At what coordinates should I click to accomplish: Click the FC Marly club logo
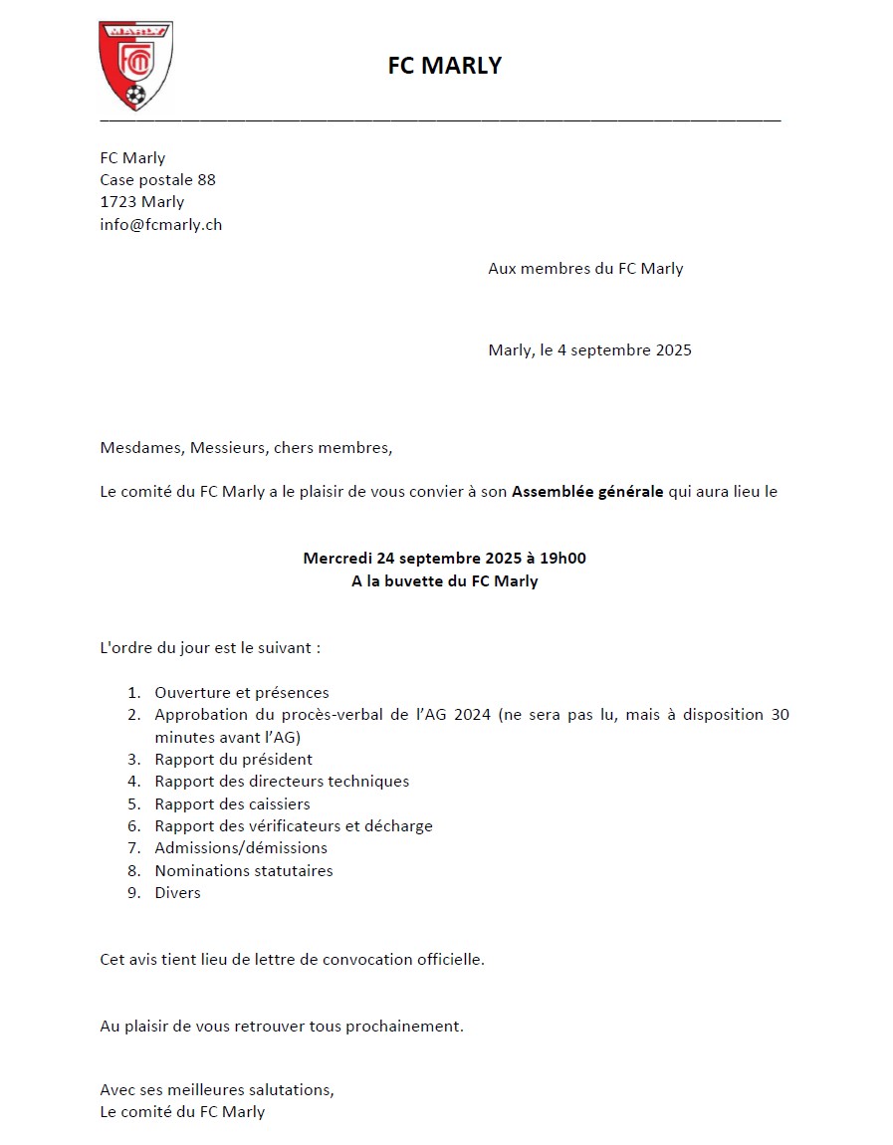[136, 67]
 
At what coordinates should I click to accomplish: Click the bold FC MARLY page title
[444, 66]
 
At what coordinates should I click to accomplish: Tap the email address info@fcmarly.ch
[160, 224]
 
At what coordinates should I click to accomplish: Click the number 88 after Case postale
[206, 180]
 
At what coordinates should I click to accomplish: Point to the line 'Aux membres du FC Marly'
[585, 268]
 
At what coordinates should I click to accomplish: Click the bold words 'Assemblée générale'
[587, 492]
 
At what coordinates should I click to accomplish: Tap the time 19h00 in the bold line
[562, 559]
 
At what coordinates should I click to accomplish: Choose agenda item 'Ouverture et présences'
[242, 693]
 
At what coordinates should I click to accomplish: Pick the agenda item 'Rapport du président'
[234, 760]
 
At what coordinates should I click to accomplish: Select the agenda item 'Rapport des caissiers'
[232, 803]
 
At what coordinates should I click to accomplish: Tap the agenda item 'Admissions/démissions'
[241, 848]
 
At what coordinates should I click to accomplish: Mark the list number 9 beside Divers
[132, 893]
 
